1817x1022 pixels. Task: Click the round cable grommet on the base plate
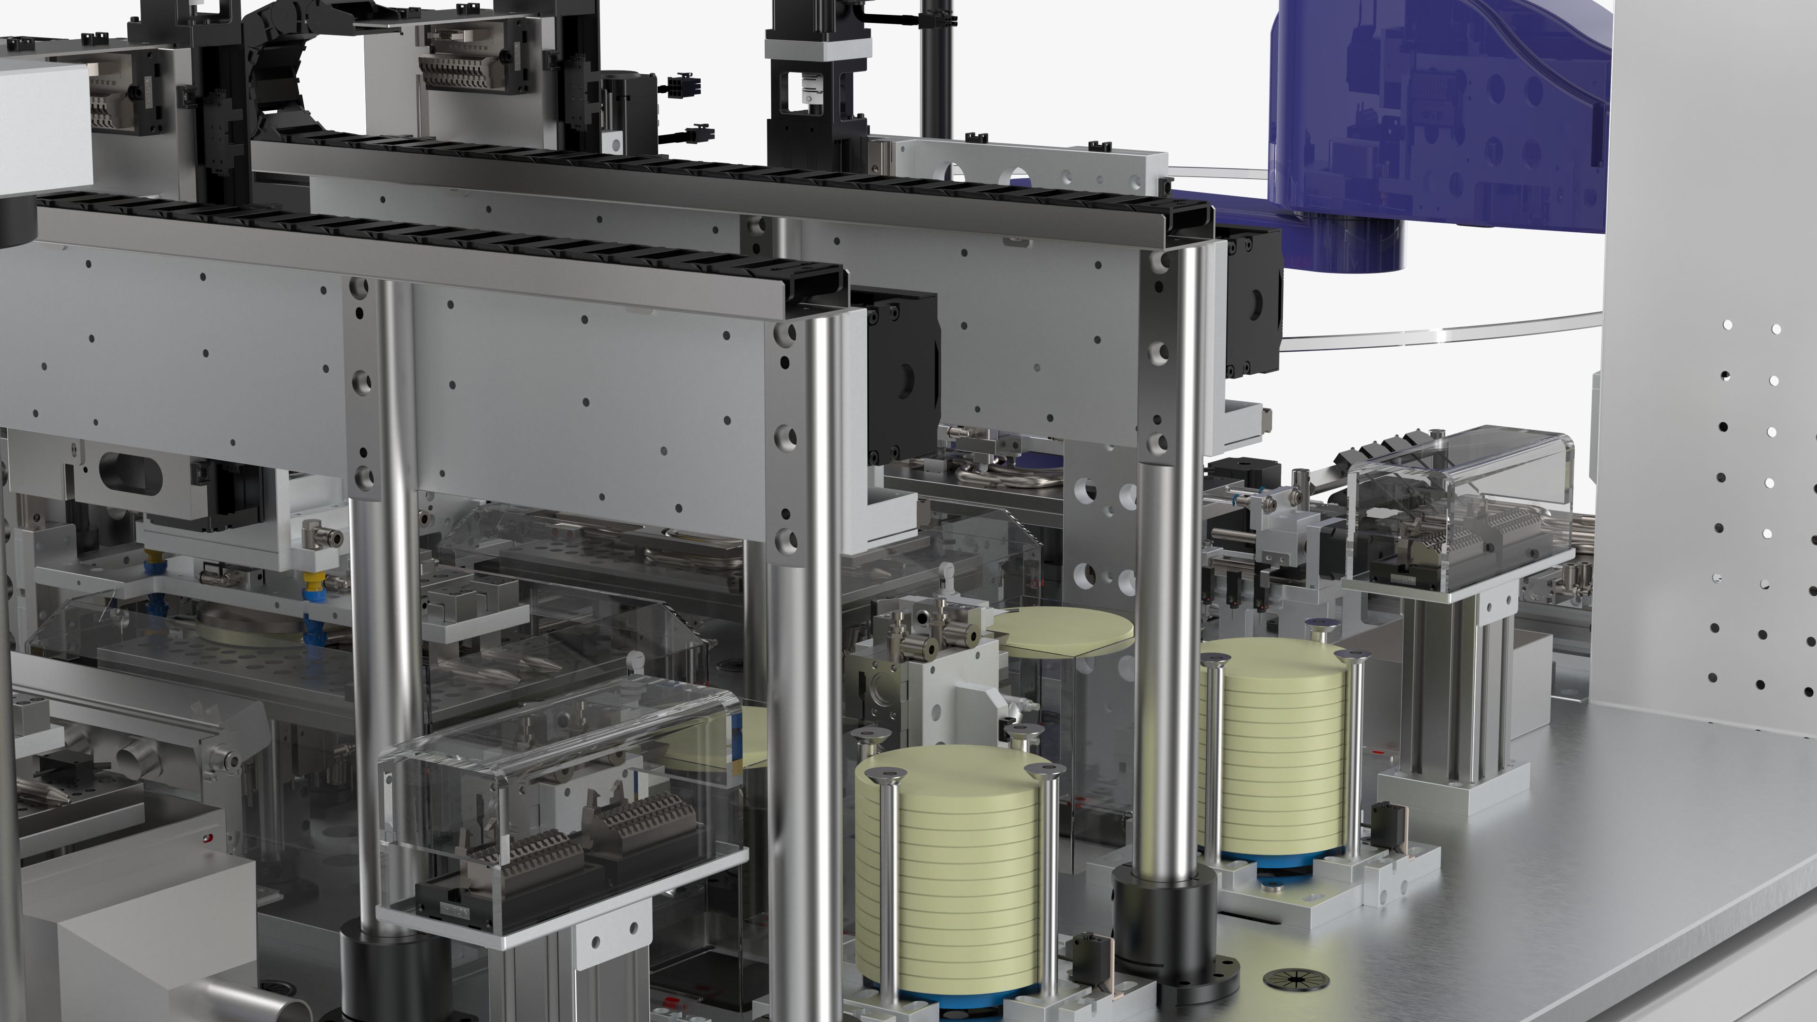1296,979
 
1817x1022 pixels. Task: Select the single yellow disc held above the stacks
1065,629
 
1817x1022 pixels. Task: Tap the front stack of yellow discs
949,874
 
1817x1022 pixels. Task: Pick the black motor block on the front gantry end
903,378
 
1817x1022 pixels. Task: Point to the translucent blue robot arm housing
1439,113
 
